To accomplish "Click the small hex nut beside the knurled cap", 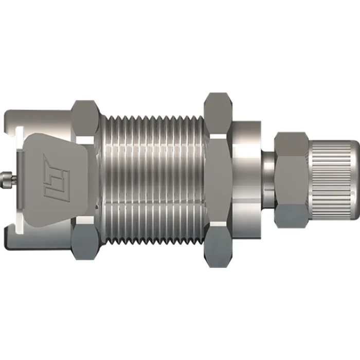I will pos(292,179).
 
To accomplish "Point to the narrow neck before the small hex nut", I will pos(268,179).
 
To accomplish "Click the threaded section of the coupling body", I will pos(154,179).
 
